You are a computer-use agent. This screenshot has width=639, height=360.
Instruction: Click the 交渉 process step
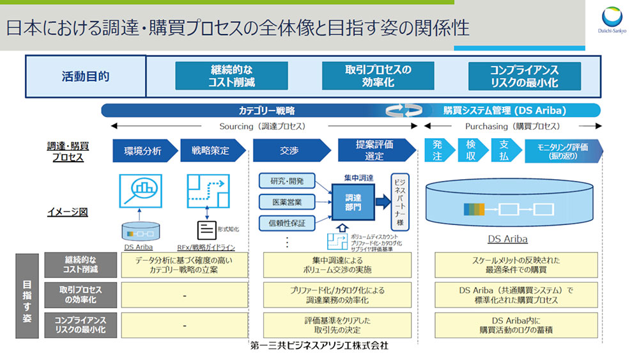coord(289,152)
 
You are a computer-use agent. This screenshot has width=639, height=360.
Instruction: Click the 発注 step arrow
coord(438,151)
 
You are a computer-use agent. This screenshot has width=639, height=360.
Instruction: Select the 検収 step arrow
coord(472,151)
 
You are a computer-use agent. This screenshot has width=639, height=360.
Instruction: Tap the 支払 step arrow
coord(505,151)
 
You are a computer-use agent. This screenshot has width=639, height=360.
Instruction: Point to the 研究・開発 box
coord(287,181)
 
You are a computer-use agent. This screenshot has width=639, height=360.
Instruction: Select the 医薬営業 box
coord(287,203)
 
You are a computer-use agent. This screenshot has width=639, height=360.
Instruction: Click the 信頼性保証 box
coord(287,223)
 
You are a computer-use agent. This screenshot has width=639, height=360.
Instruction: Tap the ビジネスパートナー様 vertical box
coord(399,202)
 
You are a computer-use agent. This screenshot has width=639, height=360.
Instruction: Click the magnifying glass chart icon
coord(141,191)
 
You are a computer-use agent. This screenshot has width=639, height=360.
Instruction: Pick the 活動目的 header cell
coord(86,76)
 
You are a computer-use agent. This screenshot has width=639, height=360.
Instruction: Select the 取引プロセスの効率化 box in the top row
coord(378,76)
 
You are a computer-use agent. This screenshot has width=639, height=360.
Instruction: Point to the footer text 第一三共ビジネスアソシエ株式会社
coord(319,345)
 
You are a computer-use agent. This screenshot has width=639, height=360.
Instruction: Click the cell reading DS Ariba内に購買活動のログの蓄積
coord(516,325)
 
